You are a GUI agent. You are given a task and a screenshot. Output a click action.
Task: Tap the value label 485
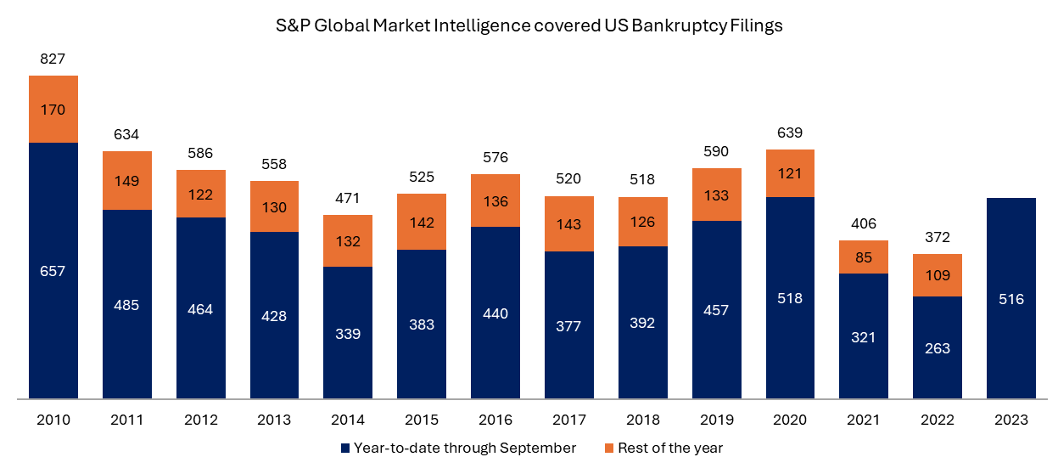tap(126, 305)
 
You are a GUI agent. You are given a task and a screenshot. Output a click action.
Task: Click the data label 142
tap(422, 223)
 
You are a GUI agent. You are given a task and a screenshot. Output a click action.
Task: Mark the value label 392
tap(642, 323)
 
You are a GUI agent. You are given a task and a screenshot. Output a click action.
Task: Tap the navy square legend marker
tap(345, 448)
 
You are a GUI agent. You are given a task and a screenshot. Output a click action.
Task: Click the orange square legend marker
tap(609, 448)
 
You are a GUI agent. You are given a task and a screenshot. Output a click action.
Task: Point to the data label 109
tap(938, 276)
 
